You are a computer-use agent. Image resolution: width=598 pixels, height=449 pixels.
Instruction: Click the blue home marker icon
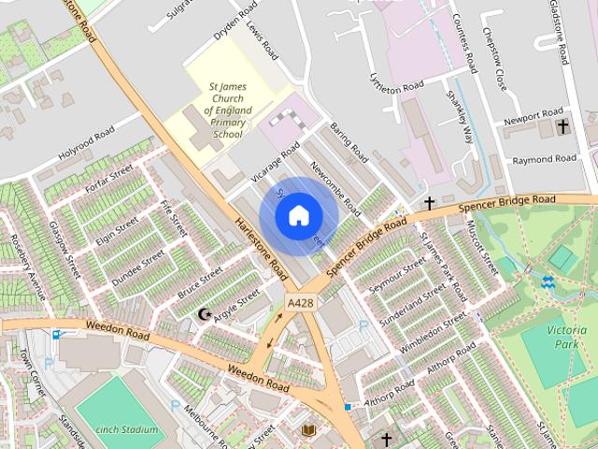point(298,216)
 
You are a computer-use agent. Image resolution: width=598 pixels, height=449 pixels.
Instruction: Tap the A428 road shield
point(302,304)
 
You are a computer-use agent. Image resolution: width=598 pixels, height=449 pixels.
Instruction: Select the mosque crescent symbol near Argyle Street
point(206,313)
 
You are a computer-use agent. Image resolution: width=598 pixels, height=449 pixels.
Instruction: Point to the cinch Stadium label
point(126,429)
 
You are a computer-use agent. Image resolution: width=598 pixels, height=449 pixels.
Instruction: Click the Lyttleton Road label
point(396,85)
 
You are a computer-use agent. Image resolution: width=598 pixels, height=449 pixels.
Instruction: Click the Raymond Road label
point(545,159)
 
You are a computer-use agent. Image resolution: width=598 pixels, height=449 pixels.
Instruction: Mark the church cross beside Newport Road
point(562,125)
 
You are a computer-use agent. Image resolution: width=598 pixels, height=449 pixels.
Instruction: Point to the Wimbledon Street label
point(432,335)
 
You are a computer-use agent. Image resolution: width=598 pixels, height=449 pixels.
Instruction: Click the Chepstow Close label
point(495,51)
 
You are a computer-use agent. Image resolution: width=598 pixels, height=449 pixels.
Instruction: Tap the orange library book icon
point(309,429)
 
